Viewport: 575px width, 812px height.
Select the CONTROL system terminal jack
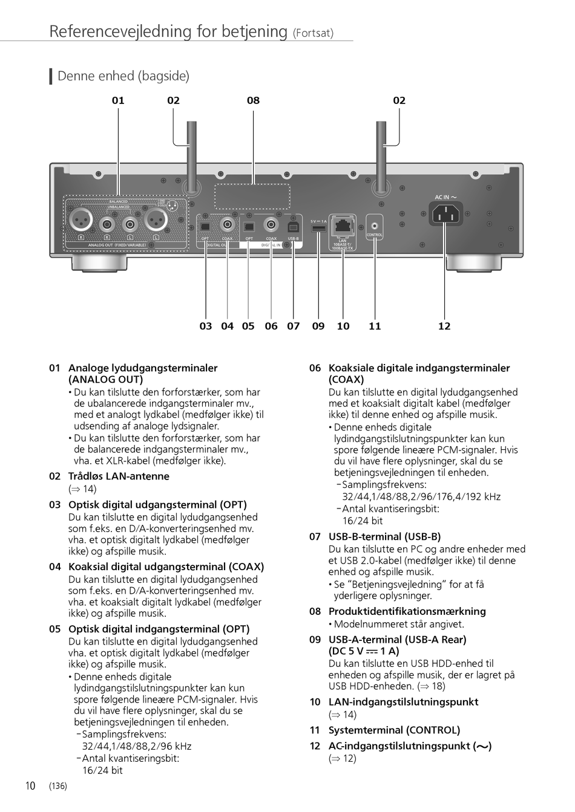375,226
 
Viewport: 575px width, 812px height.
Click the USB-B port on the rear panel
294,226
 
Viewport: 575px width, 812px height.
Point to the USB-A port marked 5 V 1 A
318,229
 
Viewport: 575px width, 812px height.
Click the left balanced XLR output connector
80,219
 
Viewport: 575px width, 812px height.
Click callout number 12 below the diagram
444,326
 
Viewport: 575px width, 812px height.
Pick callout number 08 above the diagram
253,100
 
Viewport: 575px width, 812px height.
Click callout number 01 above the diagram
118,100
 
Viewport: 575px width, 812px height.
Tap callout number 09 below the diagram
318,326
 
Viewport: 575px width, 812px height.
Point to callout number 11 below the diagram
375,326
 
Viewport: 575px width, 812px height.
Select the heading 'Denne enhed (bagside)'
123,76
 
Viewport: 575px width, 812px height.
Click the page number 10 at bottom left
30,786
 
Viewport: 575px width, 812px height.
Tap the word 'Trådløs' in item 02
85,476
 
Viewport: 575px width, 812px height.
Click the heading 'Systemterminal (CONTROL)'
394,730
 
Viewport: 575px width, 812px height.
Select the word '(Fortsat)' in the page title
313,33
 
